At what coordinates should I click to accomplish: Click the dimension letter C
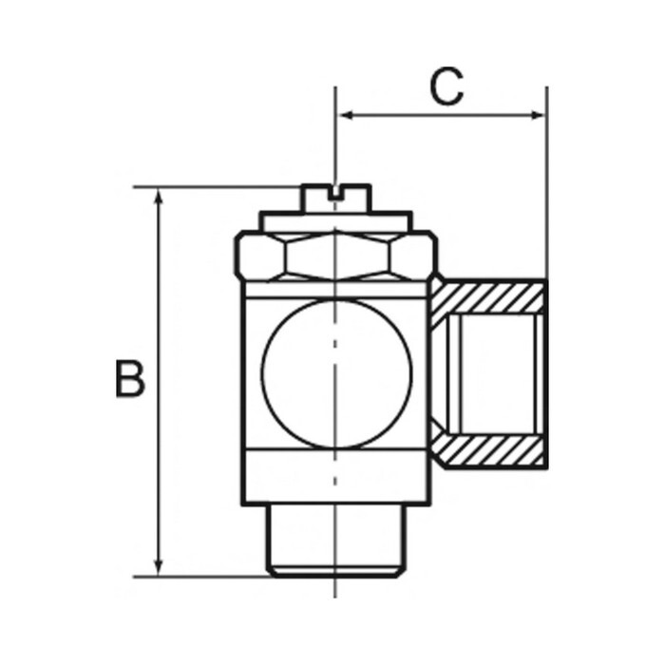pos(445,87)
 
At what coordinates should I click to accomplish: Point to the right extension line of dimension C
pos(547,190)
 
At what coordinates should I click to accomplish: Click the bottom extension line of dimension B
pos(209,576)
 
